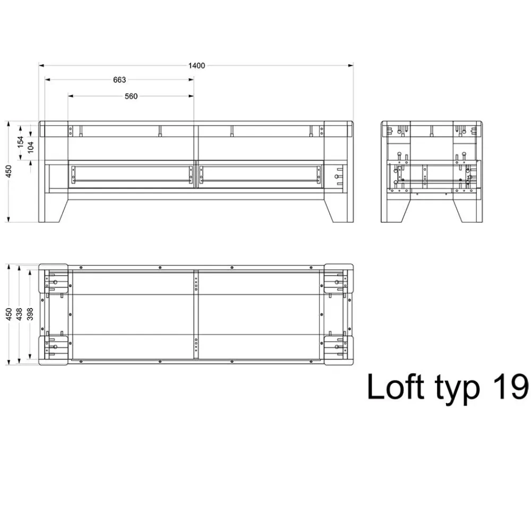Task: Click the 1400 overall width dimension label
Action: point(196,65)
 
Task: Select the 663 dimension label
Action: point(119,80)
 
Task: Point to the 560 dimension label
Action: point(131,96)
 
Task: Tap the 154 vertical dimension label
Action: point(20,142)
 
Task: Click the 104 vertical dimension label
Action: point(31,147)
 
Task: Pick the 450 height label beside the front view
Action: point(9,171)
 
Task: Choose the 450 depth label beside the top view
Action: point(9,314)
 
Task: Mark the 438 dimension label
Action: point(19,314)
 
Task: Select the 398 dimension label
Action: point(30,314)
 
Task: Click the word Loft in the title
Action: point(395,387)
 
